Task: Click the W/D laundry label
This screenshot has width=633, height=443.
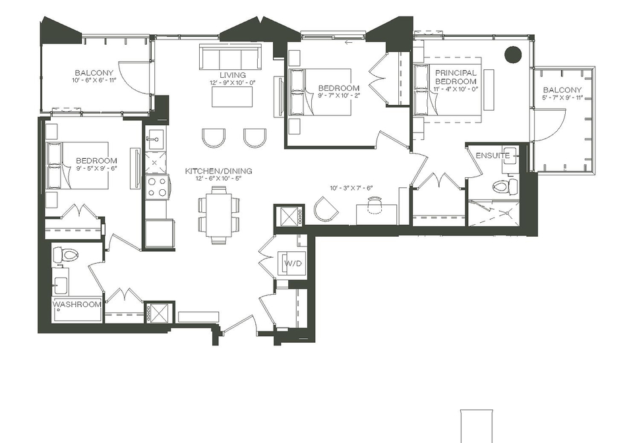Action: pos(293,264)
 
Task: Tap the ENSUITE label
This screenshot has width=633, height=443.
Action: pos(493,156)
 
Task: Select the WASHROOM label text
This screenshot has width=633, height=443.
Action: pos(76,304)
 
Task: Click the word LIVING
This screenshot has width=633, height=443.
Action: pos(233,75)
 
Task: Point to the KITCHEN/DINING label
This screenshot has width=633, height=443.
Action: pos(218,171)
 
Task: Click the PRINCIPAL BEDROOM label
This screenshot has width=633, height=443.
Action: pos(456,76)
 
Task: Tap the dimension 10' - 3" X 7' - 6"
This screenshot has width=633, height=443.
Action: pos(351,188)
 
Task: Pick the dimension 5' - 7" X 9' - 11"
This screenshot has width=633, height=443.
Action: pos(562,97)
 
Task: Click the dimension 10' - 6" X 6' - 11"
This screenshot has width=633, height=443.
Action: pos(94,80)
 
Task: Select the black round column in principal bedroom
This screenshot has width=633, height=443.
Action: pos(513,55)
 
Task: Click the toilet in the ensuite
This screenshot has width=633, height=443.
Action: pos(505,187)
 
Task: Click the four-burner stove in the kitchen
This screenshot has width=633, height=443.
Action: pos(157,187)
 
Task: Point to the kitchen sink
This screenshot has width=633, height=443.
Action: pos(154,140)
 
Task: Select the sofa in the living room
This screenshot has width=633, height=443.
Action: pos(230,58)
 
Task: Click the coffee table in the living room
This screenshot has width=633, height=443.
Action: pos(232,97)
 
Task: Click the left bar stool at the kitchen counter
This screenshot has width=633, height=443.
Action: pos(213,138)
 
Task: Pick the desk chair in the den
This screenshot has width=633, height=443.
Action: pos(375,202)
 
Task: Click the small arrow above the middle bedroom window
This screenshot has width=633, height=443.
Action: pos(348,42)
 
